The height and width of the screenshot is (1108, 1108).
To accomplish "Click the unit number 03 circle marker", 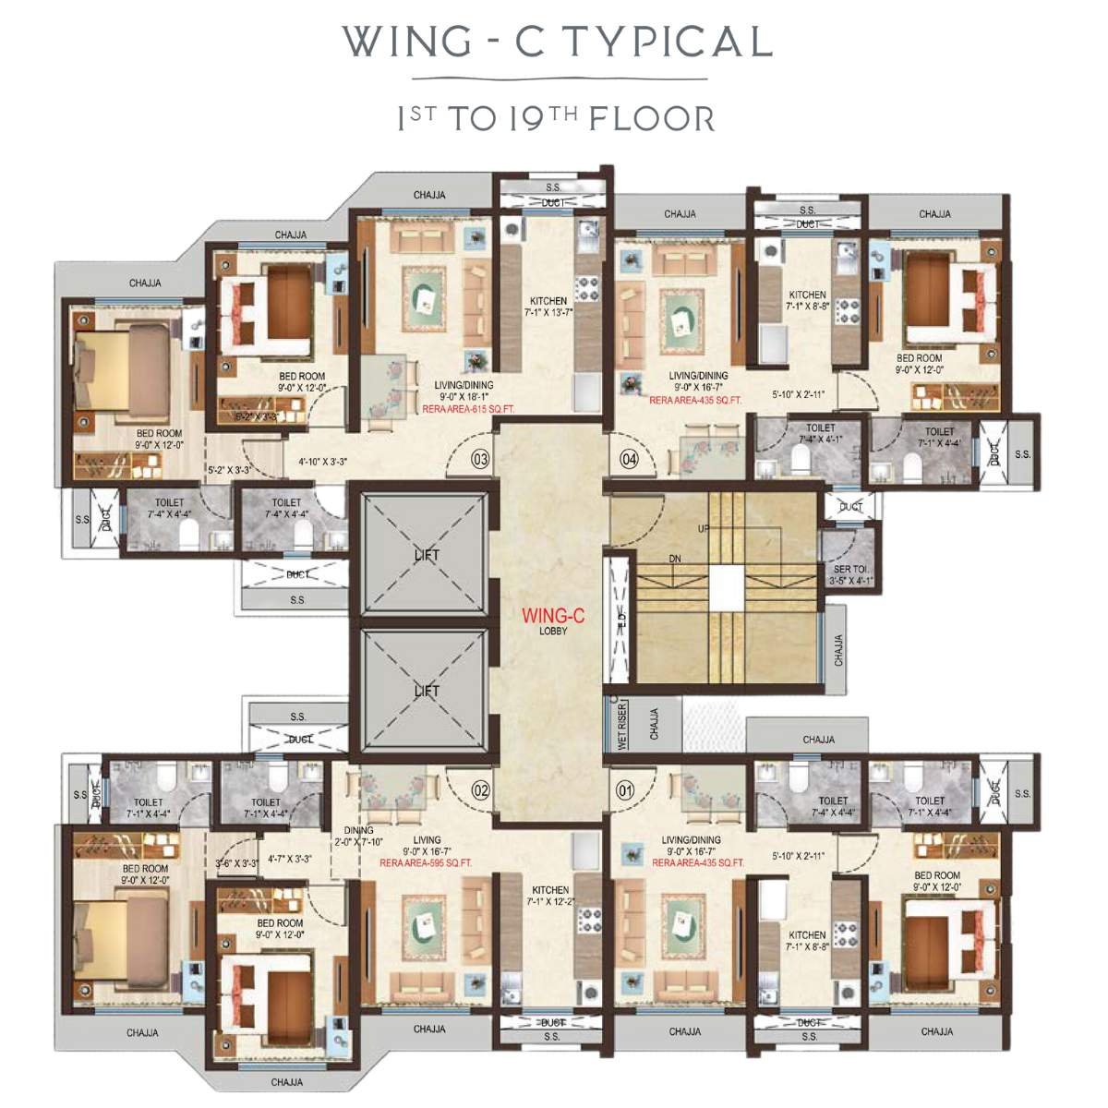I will [480, 459].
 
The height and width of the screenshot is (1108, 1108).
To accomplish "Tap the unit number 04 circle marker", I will [630, 459].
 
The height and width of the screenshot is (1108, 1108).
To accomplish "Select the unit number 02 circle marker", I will [480, 789].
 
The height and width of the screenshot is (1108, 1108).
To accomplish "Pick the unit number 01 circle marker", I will [626, 789].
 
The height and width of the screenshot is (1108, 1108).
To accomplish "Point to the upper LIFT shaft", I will [426, 555].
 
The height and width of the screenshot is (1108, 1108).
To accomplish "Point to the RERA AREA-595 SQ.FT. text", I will [426, 862].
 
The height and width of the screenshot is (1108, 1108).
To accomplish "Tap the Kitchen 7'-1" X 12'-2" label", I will [548, 896].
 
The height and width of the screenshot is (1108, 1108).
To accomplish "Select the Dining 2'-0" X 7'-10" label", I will [352, 836].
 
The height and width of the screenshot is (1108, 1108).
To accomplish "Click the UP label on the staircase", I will [705, 528].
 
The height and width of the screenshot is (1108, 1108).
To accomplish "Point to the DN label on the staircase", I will [675, 560].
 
